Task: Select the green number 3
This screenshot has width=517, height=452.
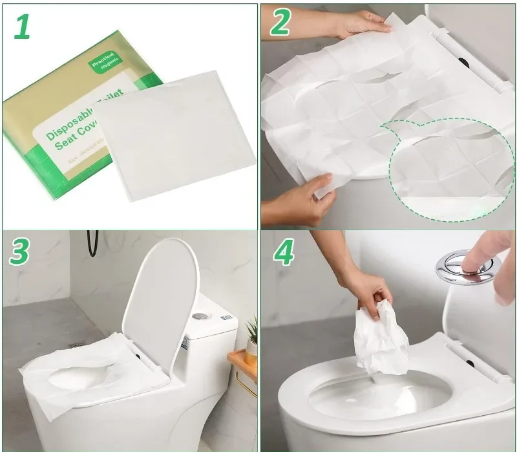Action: [x=20, y=252]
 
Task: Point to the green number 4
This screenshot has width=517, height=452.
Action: [x=284, y=253]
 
